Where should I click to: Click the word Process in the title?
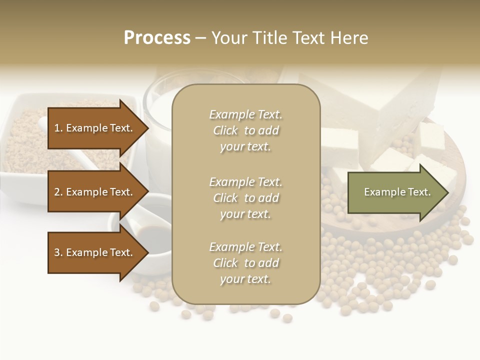tap(157, 38)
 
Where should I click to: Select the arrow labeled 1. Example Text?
tap(95, 128)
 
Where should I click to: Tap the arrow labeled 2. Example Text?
tap(95, 192)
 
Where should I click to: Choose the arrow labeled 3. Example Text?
tap(95, 252)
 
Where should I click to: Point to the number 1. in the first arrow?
tap(58, 128)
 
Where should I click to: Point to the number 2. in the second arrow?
tap(58, 192)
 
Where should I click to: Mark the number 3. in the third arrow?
tap(58, 252)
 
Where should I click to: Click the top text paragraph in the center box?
tap(245, 130)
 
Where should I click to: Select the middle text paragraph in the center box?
tap(245, 197)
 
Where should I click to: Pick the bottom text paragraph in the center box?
tap(245, 263)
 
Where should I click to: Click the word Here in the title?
tap(350, 38)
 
